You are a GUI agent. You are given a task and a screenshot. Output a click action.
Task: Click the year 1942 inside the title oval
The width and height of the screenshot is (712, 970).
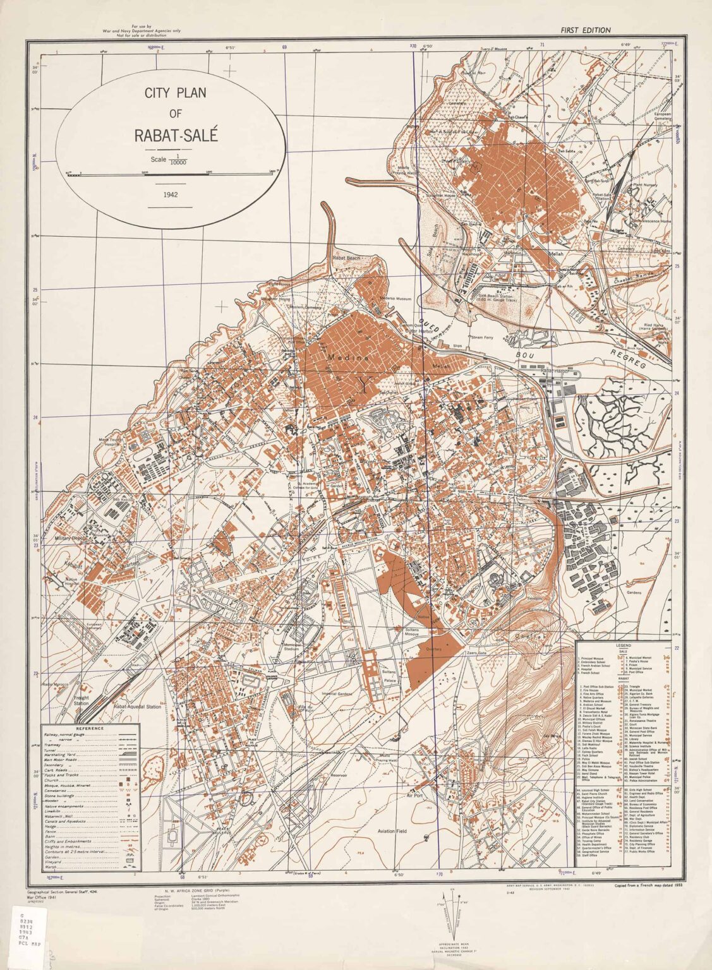tap(169, 195)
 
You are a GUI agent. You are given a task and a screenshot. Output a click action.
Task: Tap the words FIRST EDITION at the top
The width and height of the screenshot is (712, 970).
tap(585, 30)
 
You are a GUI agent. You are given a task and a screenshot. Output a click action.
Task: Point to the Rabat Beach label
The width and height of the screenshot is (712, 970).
tap(347, 258)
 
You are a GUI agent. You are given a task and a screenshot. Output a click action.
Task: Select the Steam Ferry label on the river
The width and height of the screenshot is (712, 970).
tap(481, 337)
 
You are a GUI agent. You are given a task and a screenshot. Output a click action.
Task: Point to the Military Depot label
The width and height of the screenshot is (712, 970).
tap(69, 538)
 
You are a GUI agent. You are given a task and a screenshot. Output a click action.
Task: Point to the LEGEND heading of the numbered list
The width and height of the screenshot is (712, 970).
tap(624, 646)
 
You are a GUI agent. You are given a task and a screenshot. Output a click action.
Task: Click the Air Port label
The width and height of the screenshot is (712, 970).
tap(415, 796)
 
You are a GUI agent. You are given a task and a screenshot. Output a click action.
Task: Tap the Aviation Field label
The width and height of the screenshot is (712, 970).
tap(392, 831)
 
